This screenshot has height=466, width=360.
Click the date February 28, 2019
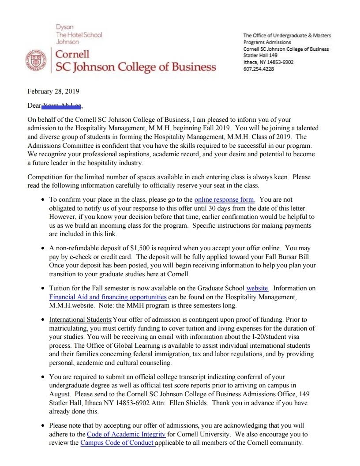pos(53,92)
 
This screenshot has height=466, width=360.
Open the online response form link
pos(224,199)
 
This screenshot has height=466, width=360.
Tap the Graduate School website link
pos(257,288)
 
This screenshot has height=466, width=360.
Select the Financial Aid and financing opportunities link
pos(108,297)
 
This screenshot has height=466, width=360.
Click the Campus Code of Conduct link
pos(117,443)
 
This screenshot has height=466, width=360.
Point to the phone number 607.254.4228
pos(259,68)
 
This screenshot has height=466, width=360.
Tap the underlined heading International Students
pos(80,319)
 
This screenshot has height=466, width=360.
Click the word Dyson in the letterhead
pos(64,27)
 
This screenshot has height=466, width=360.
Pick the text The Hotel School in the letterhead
pos(79,34)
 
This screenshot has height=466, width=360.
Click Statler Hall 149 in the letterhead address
pos(260,56)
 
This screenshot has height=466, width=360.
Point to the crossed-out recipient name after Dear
pos(62,106)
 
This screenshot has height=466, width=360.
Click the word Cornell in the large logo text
pos(72,54)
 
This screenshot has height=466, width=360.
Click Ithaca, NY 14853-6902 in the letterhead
pos(268,62)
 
